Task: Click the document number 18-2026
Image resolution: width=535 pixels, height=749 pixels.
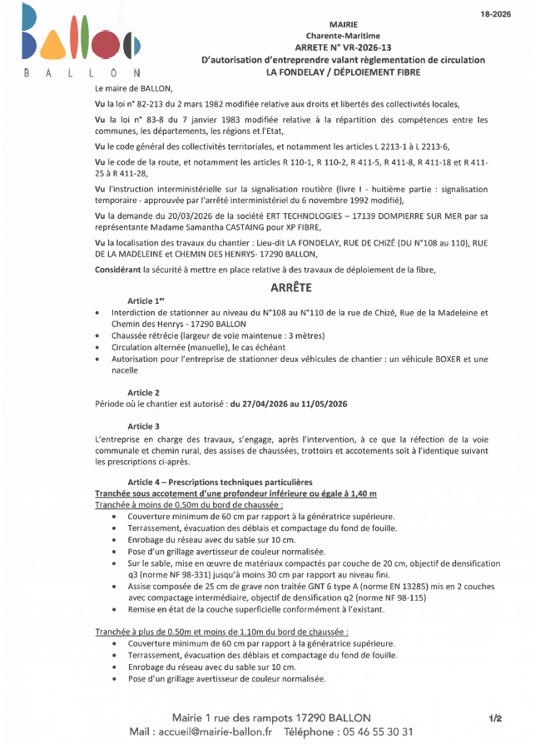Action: tap(496, 14)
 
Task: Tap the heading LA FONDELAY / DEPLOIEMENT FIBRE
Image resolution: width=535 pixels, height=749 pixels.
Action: tap(343, 72)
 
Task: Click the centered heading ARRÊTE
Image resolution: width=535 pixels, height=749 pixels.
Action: tap(291, 287)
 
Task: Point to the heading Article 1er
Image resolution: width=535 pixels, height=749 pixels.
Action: tap(146, 300)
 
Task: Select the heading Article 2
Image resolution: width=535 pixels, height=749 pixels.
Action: tap(143, 392)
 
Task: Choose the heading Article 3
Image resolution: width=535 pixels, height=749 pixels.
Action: tap(143, 426)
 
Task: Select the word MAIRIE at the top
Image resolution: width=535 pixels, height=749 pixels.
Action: tap(344, 26)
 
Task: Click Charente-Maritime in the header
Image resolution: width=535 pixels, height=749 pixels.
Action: tap(343, 37)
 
